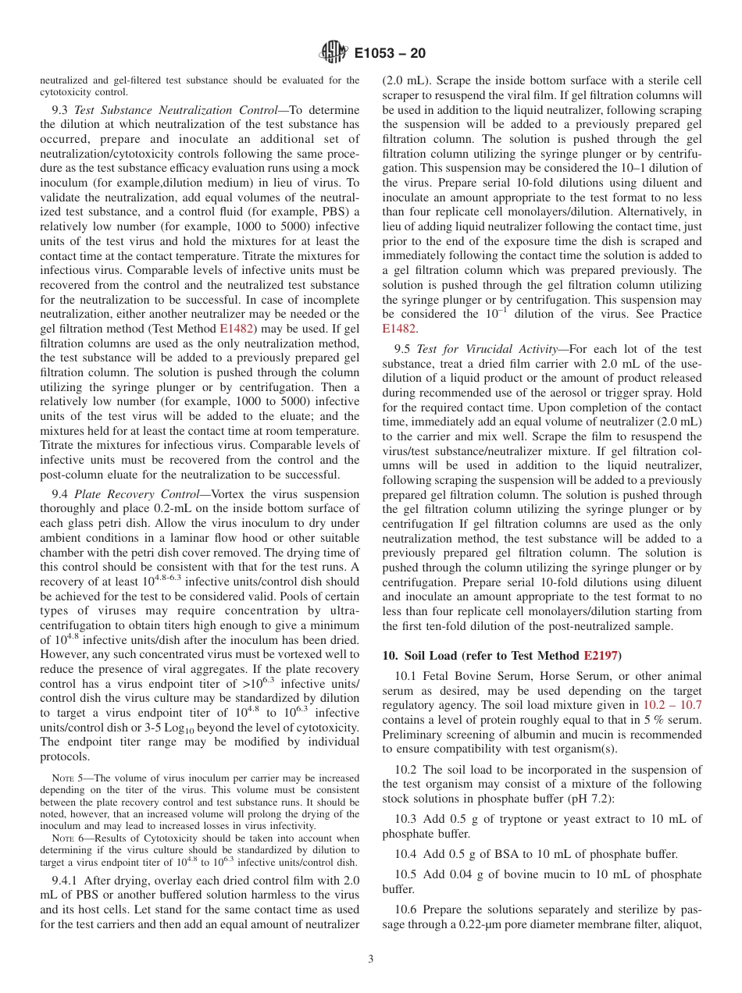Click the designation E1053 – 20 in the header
[x=390, y=54]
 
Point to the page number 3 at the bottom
[x=371, y=959]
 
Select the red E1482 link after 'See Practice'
[x=399, y=328]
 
